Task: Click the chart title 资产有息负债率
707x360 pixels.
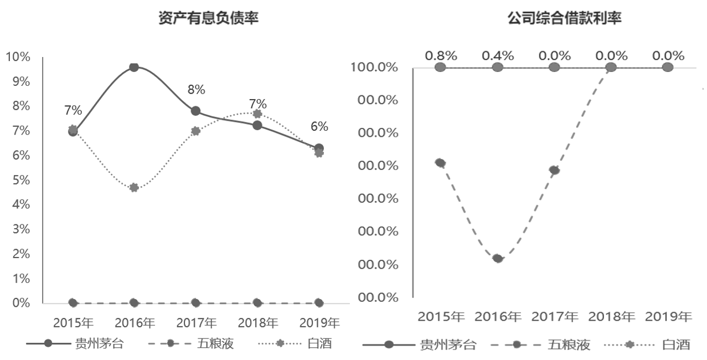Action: pos(209,18)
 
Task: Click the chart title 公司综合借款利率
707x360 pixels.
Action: pos(565,18)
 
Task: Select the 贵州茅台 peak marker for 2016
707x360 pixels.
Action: pos(133,67)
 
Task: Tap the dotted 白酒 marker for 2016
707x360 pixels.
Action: pos(133,188)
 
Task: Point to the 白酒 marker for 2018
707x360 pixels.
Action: pos(257,114)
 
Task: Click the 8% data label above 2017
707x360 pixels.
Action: pos(196,89)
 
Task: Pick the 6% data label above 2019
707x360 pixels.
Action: pos(319,126)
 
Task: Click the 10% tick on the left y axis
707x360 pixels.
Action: pos(18,57)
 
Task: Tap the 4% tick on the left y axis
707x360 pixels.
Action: pos(20,204)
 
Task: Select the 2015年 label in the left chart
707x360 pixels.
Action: pos(73,323)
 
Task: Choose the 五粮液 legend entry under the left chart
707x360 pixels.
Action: pos(190,344)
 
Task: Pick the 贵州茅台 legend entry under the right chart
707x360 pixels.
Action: pos(419,345)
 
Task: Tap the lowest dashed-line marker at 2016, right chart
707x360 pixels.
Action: pos(498,258)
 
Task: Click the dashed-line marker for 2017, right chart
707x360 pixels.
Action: pos(554,170)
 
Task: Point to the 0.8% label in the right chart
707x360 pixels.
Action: pos(441,55)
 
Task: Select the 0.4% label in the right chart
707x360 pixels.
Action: pos(498,55)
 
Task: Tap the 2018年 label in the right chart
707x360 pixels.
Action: pos(611,317)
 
